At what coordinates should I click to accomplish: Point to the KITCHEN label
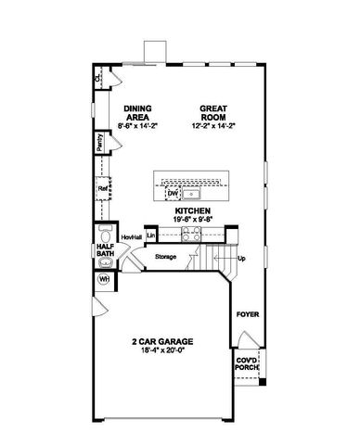coord(192,211)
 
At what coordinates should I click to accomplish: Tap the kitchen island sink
coord(192,195)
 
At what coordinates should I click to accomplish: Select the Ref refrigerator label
coord(103,189)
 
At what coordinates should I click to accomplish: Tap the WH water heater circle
coord(104,277)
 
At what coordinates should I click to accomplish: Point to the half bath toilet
coord(104,233)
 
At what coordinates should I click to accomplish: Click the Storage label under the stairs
coord(166,256)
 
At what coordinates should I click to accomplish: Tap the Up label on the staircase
coord(242,258)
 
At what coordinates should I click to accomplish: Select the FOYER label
coord(247,314)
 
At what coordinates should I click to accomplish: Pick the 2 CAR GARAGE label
coord(166,341)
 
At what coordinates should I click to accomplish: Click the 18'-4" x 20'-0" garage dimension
coord(166,351)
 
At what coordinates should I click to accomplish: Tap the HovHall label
coord(130,237)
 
